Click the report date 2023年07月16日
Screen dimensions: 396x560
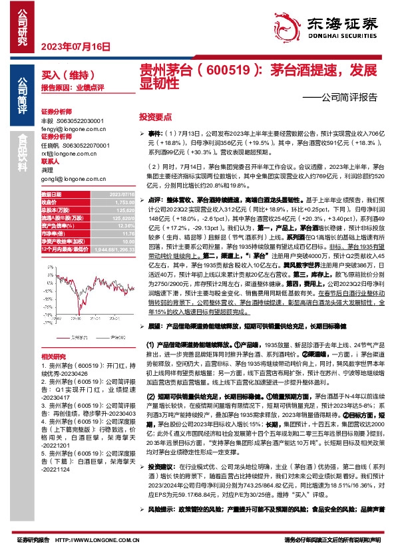75,47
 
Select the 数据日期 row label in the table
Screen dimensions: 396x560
52,194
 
